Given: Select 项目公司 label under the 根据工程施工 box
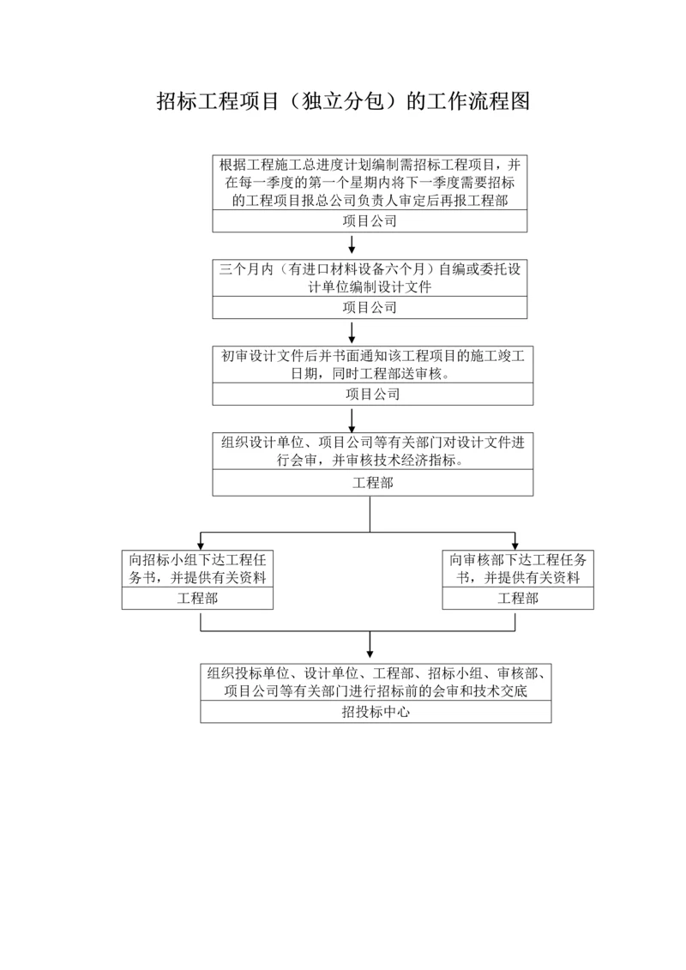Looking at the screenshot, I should [370, 221].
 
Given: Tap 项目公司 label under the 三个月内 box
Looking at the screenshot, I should [370, 307].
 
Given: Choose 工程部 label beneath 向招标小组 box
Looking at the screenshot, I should [197, 598].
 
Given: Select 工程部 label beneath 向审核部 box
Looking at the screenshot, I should [518, 598].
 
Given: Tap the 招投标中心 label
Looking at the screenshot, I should [376, 711].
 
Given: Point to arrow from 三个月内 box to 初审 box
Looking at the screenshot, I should [352, 332].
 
